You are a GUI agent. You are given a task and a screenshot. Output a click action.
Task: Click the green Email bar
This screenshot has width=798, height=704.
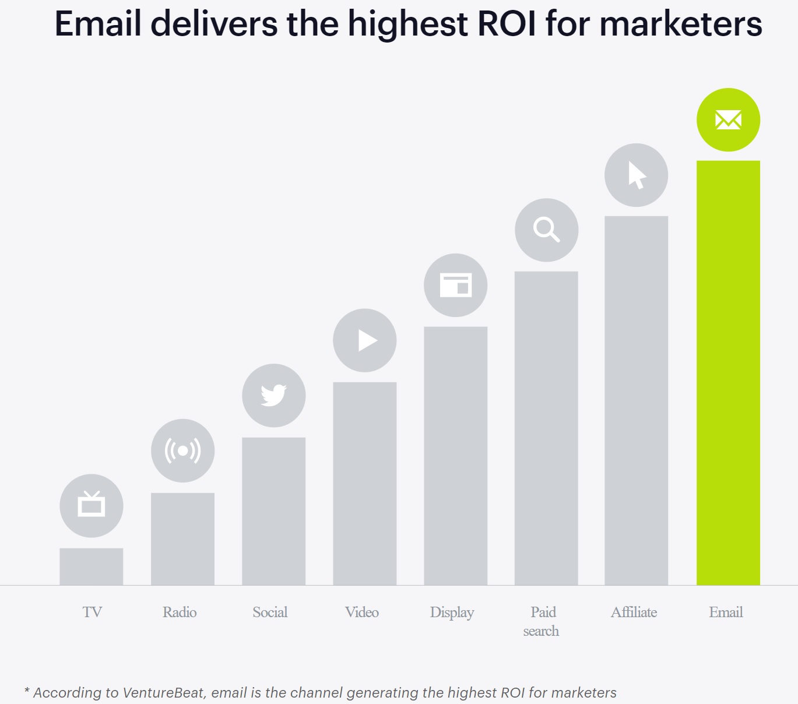[728, 373]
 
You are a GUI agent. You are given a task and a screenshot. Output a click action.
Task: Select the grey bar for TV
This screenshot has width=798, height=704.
[92, 566]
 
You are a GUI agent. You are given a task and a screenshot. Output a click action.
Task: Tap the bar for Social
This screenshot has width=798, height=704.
[273, 511]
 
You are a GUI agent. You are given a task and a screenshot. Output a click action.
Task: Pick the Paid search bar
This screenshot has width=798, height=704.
[546, 428]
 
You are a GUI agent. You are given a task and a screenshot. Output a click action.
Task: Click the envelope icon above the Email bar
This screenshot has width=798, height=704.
[728, 120]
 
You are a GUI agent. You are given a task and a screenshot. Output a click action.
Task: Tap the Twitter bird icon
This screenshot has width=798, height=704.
[273, 396]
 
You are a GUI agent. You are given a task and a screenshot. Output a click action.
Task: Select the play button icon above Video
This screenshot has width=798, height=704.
[365, 340]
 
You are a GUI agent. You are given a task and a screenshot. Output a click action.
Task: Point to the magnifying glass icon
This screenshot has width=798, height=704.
[546, 230]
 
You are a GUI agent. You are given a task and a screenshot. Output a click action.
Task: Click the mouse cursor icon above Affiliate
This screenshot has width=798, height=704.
[636, 175]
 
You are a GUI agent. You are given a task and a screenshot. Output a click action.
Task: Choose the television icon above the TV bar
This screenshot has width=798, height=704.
[92, 505]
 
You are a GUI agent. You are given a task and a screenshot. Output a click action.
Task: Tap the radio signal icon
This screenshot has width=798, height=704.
[182, 450]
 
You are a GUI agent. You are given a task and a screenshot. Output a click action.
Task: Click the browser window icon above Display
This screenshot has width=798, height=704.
[455, 286]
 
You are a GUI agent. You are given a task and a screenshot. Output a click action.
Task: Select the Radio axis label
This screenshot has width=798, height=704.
[180, 613]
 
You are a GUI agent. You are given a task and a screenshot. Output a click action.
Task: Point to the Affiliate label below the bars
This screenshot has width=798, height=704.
[634, 613]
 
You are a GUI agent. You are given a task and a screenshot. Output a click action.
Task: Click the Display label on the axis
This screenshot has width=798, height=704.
[452, 613]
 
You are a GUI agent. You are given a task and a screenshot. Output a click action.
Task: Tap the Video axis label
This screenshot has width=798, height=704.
[362, 613]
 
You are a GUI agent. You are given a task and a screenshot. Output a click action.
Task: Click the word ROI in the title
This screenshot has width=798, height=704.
[507, 24]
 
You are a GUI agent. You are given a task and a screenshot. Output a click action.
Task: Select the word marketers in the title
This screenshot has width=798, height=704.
[680, 24]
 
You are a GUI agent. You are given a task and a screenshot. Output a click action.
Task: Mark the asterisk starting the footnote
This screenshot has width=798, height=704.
[27, 691]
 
